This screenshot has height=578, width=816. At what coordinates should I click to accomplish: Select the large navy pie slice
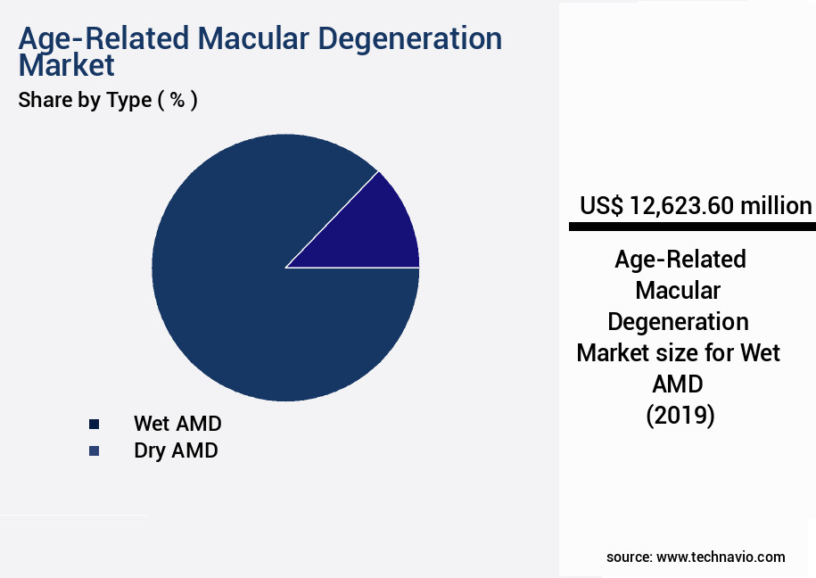click(259, 285)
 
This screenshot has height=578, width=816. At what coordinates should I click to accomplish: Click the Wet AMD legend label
click(177, 423)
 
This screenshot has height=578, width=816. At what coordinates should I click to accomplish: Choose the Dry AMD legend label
click(176, 450)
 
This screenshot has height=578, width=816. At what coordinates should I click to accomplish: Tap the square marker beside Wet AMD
click(94, 424)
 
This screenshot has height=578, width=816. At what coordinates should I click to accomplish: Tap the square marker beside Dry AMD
click(94, 451)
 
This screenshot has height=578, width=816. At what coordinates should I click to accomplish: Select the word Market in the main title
click(67, 65)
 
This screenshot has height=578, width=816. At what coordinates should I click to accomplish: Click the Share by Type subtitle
click(85, 100)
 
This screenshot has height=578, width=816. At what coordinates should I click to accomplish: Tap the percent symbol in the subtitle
click(178, 100)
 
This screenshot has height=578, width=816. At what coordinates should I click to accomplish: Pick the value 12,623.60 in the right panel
click(682, 206)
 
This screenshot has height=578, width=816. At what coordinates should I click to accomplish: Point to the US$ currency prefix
click(603, 206)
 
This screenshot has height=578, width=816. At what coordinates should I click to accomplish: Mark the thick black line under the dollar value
click(692, 227)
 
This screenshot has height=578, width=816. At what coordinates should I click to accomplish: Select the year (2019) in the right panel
click(680, 415)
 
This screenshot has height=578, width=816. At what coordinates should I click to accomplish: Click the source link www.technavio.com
click(721, 557)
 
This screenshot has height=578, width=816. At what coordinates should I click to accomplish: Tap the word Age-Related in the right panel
click(680, 260)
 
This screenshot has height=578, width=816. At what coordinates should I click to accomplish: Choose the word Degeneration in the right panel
click(678, 321)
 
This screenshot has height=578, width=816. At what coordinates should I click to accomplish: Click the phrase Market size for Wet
click(678, 352)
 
